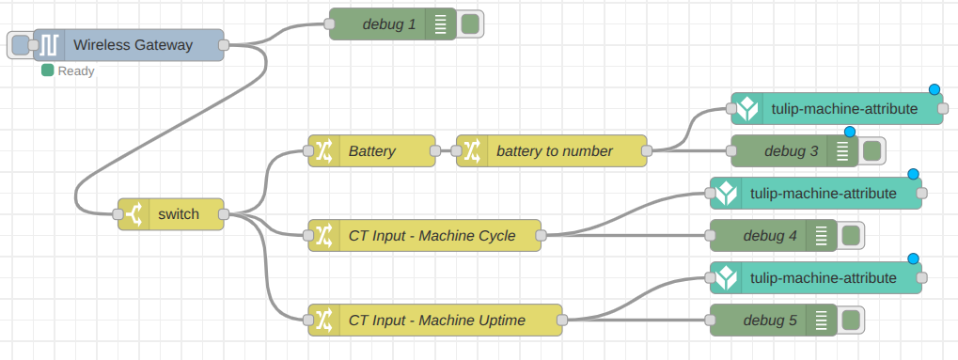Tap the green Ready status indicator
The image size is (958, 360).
47,70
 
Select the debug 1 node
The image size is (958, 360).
388,23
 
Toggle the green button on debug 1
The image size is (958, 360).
469,23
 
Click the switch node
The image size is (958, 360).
178,214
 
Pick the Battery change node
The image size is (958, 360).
372,150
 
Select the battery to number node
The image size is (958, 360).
554,150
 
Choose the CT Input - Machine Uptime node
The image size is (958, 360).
436,321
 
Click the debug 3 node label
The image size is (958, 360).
791,150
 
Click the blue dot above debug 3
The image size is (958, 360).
850,132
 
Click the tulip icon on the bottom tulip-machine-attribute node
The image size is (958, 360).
726,278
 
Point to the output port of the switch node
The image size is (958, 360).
224,214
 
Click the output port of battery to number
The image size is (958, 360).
646,150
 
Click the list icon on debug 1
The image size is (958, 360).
440,23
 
